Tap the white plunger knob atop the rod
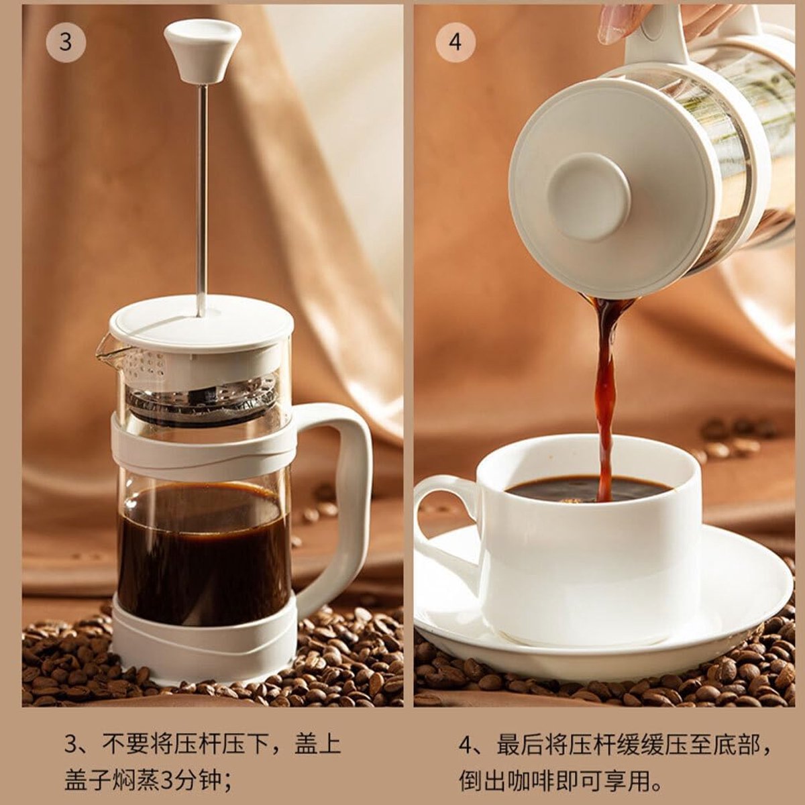pos(203,51)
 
